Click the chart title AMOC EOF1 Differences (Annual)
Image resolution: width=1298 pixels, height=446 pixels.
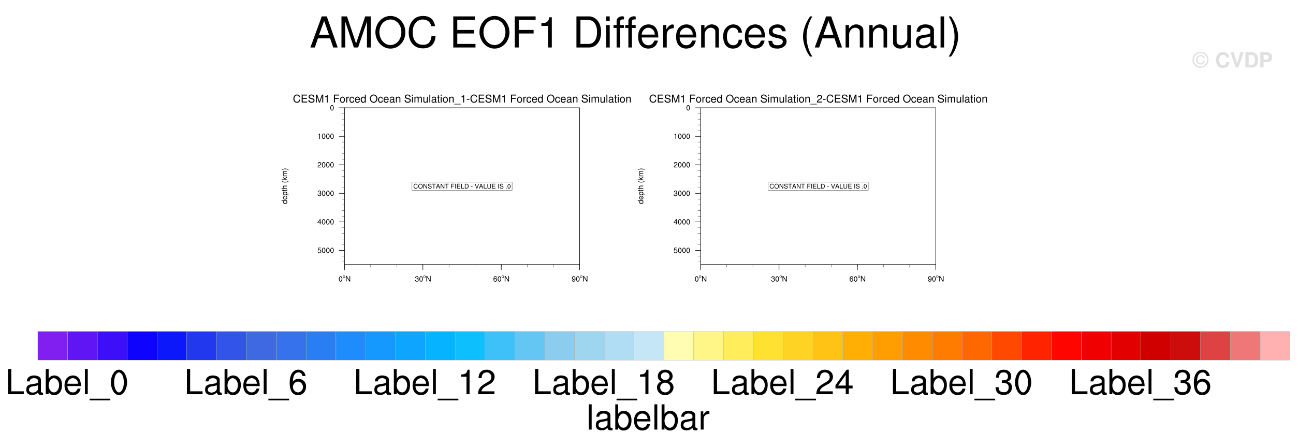(x=635, y=34)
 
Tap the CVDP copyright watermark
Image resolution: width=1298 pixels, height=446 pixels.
(x=1232, y=61)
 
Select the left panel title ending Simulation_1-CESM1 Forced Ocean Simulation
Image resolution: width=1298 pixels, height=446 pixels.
(x=462, y=99)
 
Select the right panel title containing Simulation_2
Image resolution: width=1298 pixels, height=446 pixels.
(x=818, y=99)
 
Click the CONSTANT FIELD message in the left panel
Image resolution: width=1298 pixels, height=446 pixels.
(x=462, y=186)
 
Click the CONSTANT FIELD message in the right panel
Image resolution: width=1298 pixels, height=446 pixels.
(x=818, y=186)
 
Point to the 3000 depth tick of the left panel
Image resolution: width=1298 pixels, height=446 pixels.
(x=326, y=194)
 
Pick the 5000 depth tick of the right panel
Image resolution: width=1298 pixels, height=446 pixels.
(x=682, y=251)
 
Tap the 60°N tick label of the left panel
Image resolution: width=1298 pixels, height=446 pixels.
(x=501, y=279)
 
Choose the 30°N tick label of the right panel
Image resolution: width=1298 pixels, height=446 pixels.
(x=779, y=279)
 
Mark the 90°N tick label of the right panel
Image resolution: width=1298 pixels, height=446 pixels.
(x=936, y=279)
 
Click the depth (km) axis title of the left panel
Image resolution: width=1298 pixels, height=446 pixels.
(x=285, y=186)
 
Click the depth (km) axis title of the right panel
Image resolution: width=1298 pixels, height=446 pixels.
(x=641, y=186)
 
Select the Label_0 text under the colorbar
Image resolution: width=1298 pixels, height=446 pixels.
(x=67, y=384)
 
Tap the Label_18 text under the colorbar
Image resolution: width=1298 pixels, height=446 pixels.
(x=604, y=384)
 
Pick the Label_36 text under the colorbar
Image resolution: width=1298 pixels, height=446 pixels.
(x=1141, y=384)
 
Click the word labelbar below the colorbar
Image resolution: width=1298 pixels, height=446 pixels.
(x=648, y=418)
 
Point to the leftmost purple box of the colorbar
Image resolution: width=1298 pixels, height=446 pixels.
(x=53, y=346)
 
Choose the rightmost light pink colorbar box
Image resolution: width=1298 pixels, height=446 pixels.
(x=1275, y=346)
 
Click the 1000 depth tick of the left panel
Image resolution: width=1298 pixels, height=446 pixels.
(x=326, y=137)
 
